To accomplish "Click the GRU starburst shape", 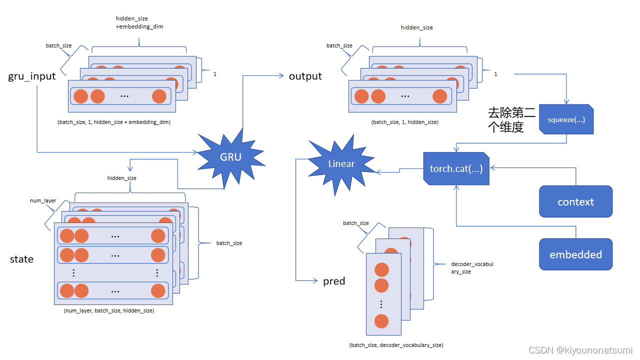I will click(x=230, y=157).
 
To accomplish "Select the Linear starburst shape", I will click(x=341, y=164).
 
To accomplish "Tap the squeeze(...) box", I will click(x=566, y=120).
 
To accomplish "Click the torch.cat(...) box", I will click(x=456, y=169).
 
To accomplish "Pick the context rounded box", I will click(x=575, y=202).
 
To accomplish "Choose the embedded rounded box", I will click(x=575, y=255).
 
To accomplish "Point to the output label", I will click(x=305, y=76).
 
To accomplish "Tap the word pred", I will click(x=334, y=281).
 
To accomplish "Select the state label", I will click(x=22, y=259).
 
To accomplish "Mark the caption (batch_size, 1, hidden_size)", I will click(x=404, y=122).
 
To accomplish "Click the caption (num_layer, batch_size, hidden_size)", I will click(x=108, y=310).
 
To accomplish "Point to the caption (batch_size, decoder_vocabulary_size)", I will click(x=396, y=345).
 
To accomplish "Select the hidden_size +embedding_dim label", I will click(x=139, y=22).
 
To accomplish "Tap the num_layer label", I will click(x=43, y=200).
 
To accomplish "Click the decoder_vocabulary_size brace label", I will click(x=472, y=267).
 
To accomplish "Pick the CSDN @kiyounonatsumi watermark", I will click(x=580, y=350).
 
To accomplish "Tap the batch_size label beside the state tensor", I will click(x=229, y=243).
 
